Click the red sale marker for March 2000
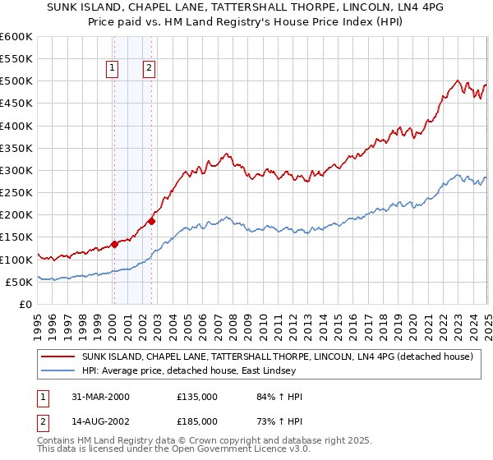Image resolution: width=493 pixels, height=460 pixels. [115, 244]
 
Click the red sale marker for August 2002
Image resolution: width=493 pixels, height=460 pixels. [152, 221]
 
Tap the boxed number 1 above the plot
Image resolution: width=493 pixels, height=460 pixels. [112, 69]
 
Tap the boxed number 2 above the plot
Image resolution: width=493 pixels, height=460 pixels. [149, 69]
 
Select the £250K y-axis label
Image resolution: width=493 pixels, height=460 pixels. [16, 193]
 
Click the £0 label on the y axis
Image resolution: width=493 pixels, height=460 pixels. [25, 304]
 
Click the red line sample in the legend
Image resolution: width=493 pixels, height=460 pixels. [58, 357]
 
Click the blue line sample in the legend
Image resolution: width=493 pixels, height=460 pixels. [58, 370]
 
